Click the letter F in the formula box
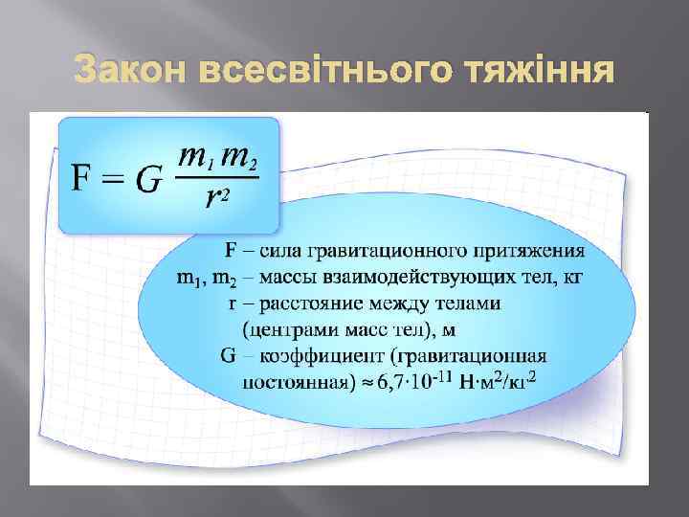84,178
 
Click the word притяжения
530,252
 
